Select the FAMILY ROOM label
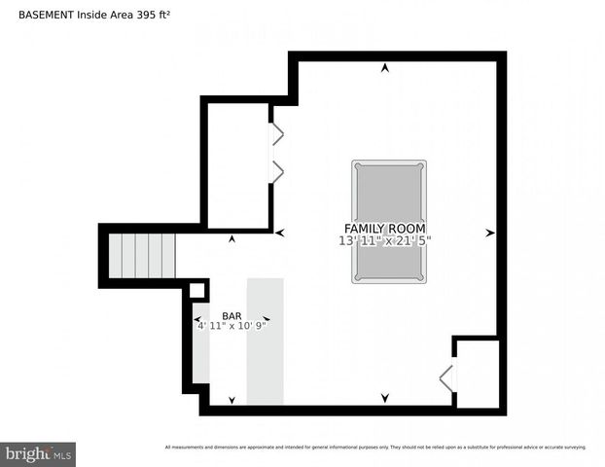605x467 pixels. coord(384,228)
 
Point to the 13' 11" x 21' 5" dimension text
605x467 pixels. coord(384,240)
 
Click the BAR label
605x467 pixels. coord(231,316)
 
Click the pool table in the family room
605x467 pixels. coord(388,222)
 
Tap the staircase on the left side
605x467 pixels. coord(140,256)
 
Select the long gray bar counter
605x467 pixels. coord(265,341)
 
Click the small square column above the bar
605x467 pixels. coord(196,290)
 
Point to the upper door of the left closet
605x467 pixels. coord(276,133)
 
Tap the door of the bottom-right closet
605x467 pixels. coord(446,377)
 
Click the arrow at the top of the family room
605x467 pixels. coord(386,68)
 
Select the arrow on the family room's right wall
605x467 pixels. coord(490,233)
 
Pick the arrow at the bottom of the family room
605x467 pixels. coord(385,398)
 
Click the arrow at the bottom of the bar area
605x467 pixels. coord(231,400)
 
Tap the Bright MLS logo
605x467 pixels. coord(38,453)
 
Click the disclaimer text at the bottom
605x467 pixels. coord(375,448)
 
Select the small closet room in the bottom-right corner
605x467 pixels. coord(478,374)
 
